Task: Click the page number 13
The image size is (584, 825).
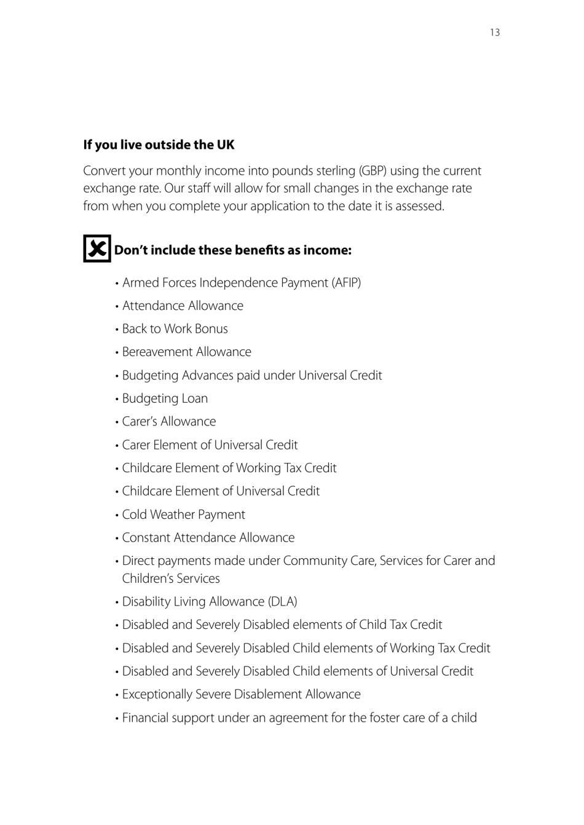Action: click(495, 33)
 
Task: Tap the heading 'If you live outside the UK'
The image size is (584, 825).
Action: click(159, 145)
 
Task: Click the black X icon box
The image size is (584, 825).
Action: click(97, 248)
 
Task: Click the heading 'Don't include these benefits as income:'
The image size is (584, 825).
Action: click(232, 250)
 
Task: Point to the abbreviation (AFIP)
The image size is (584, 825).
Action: click(346, 283)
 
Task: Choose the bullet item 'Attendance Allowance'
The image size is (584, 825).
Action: click(183, 306)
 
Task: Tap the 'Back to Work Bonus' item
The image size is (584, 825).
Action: click(175, 329)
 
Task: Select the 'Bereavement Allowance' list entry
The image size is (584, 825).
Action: click(186, 352)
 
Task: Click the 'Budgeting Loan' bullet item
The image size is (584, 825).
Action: click(165, 398)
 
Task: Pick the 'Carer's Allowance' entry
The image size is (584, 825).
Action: click(169, 422)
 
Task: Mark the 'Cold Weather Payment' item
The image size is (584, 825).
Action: click(183, 515)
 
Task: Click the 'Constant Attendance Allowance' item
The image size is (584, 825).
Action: click(208, 538)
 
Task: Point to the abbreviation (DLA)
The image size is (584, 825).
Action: click(282, 602)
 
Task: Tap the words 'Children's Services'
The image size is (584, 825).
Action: click(171, 578)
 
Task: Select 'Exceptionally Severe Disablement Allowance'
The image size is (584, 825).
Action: click(241, 695)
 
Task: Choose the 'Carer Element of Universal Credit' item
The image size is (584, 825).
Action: click(210, 445)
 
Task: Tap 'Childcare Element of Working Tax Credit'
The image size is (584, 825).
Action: click(229, 468)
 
